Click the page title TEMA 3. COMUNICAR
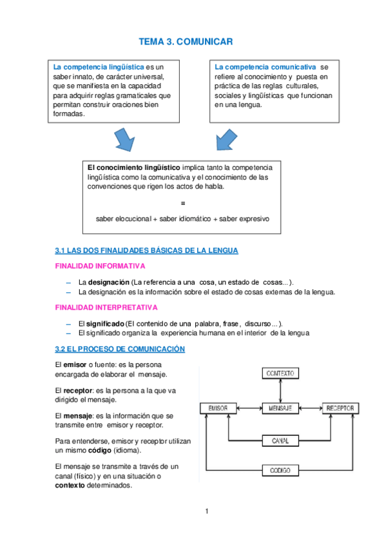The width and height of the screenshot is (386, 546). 185,42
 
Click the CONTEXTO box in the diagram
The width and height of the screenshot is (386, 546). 279,373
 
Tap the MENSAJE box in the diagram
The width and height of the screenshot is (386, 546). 279,408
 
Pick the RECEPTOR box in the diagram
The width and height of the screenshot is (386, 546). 339,408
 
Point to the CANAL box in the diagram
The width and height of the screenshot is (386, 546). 279,441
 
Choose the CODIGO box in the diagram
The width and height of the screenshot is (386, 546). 279,471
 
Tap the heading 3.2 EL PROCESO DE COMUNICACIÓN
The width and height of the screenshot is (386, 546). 121,349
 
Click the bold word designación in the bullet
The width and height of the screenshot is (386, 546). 108,281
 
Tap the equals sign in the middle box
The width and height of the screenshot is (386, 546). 183,203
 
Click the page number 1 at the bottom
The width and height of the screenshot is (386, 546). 206,512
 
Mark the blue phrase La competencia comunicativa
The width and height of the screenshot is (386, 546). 265,67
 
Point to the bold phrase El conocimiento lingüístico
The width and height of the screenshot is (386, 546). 134,167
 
